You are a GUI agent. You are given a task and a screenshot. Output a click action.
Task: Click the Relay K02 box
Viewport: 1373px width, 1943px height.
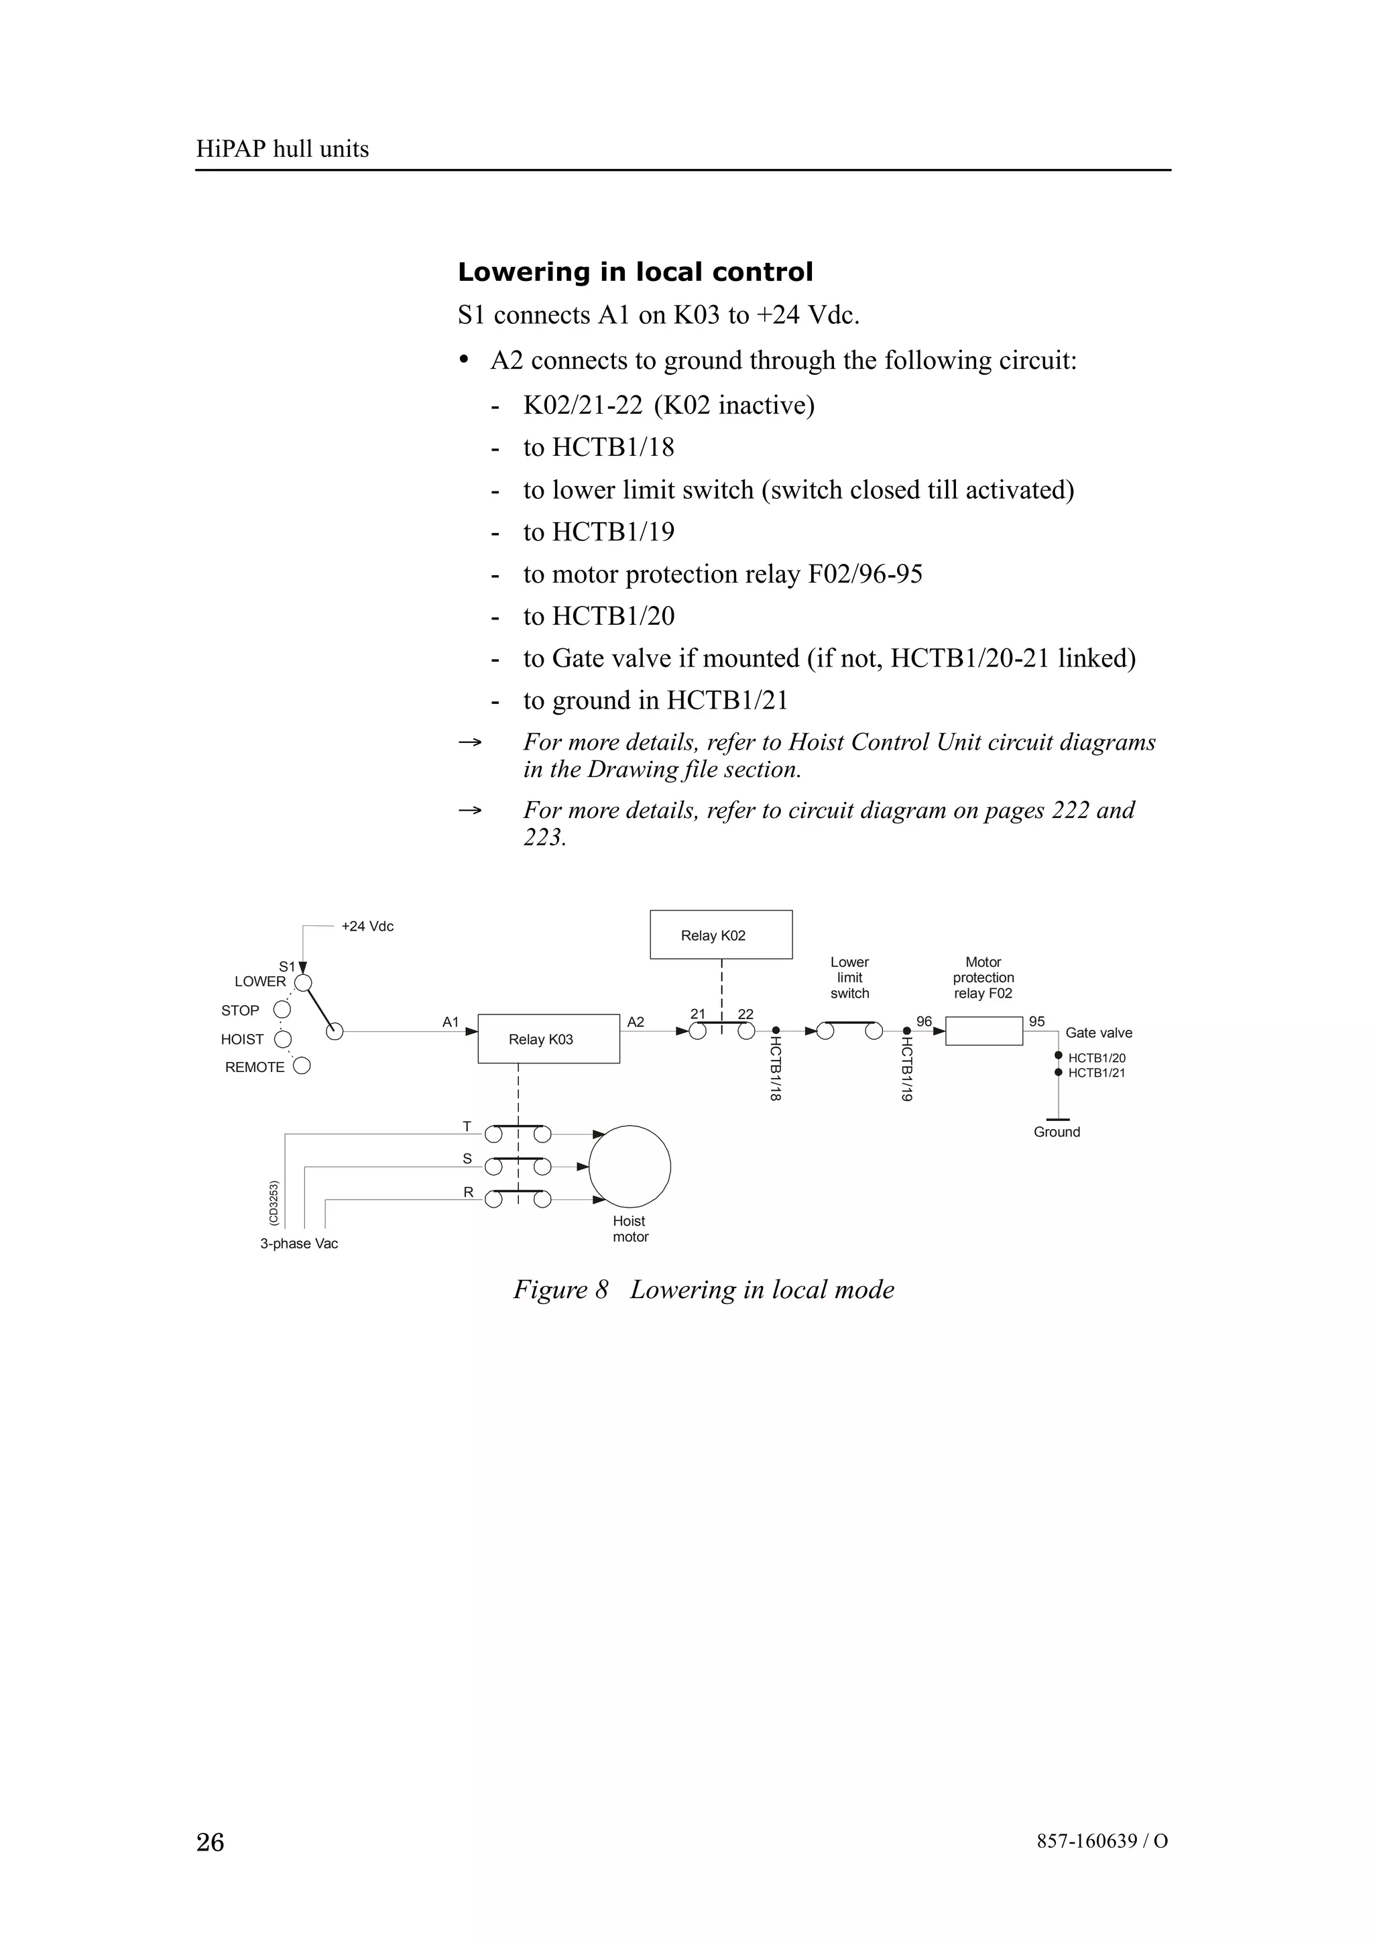tap(721, 934)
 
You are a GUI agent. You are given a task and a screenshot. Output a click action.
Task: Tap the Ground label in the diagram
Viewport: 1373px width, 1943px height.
tap(1057, 1132)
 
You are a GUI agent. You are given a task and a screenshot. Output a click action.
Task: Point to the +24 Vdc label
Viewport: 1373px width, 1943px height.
tap(367, 926)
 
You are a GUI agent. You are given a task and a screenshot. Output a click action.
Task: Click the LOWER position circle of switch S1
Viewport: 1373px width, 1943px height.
tap(303, 982)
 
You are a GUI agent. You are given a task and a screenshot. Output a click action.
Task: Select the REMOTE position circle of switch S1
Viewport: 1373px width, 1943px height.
tap(301, 1065)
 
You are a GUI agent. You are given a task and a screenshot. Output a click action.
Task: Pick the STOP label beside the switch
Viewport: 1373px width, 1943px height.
tap(240, 1010)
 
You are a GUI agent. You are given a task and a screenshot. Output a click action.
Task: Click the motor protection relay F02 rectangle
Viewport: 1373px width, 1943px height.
tap(984, 1031)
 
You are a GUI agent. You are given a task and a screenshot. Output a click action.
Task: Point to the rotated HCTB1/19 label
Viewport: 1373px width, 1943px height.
tap(906, 1069)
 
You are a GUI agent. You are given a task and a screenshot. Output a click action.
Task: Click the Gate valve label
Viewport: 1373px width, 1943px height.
tap(1098, 1033)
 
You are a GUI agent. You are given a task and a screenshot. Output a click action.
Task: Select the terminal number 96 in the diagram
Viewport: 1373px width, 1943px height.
tap(924, 1021)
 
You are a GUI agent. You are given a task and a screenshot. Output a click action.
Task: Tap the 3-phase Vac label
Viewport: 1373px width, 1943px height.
tap(298, 1243)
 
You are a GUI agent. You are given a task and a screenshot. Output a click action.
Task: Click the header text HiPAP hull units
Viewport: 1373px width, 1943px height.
tap(282, 149)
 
